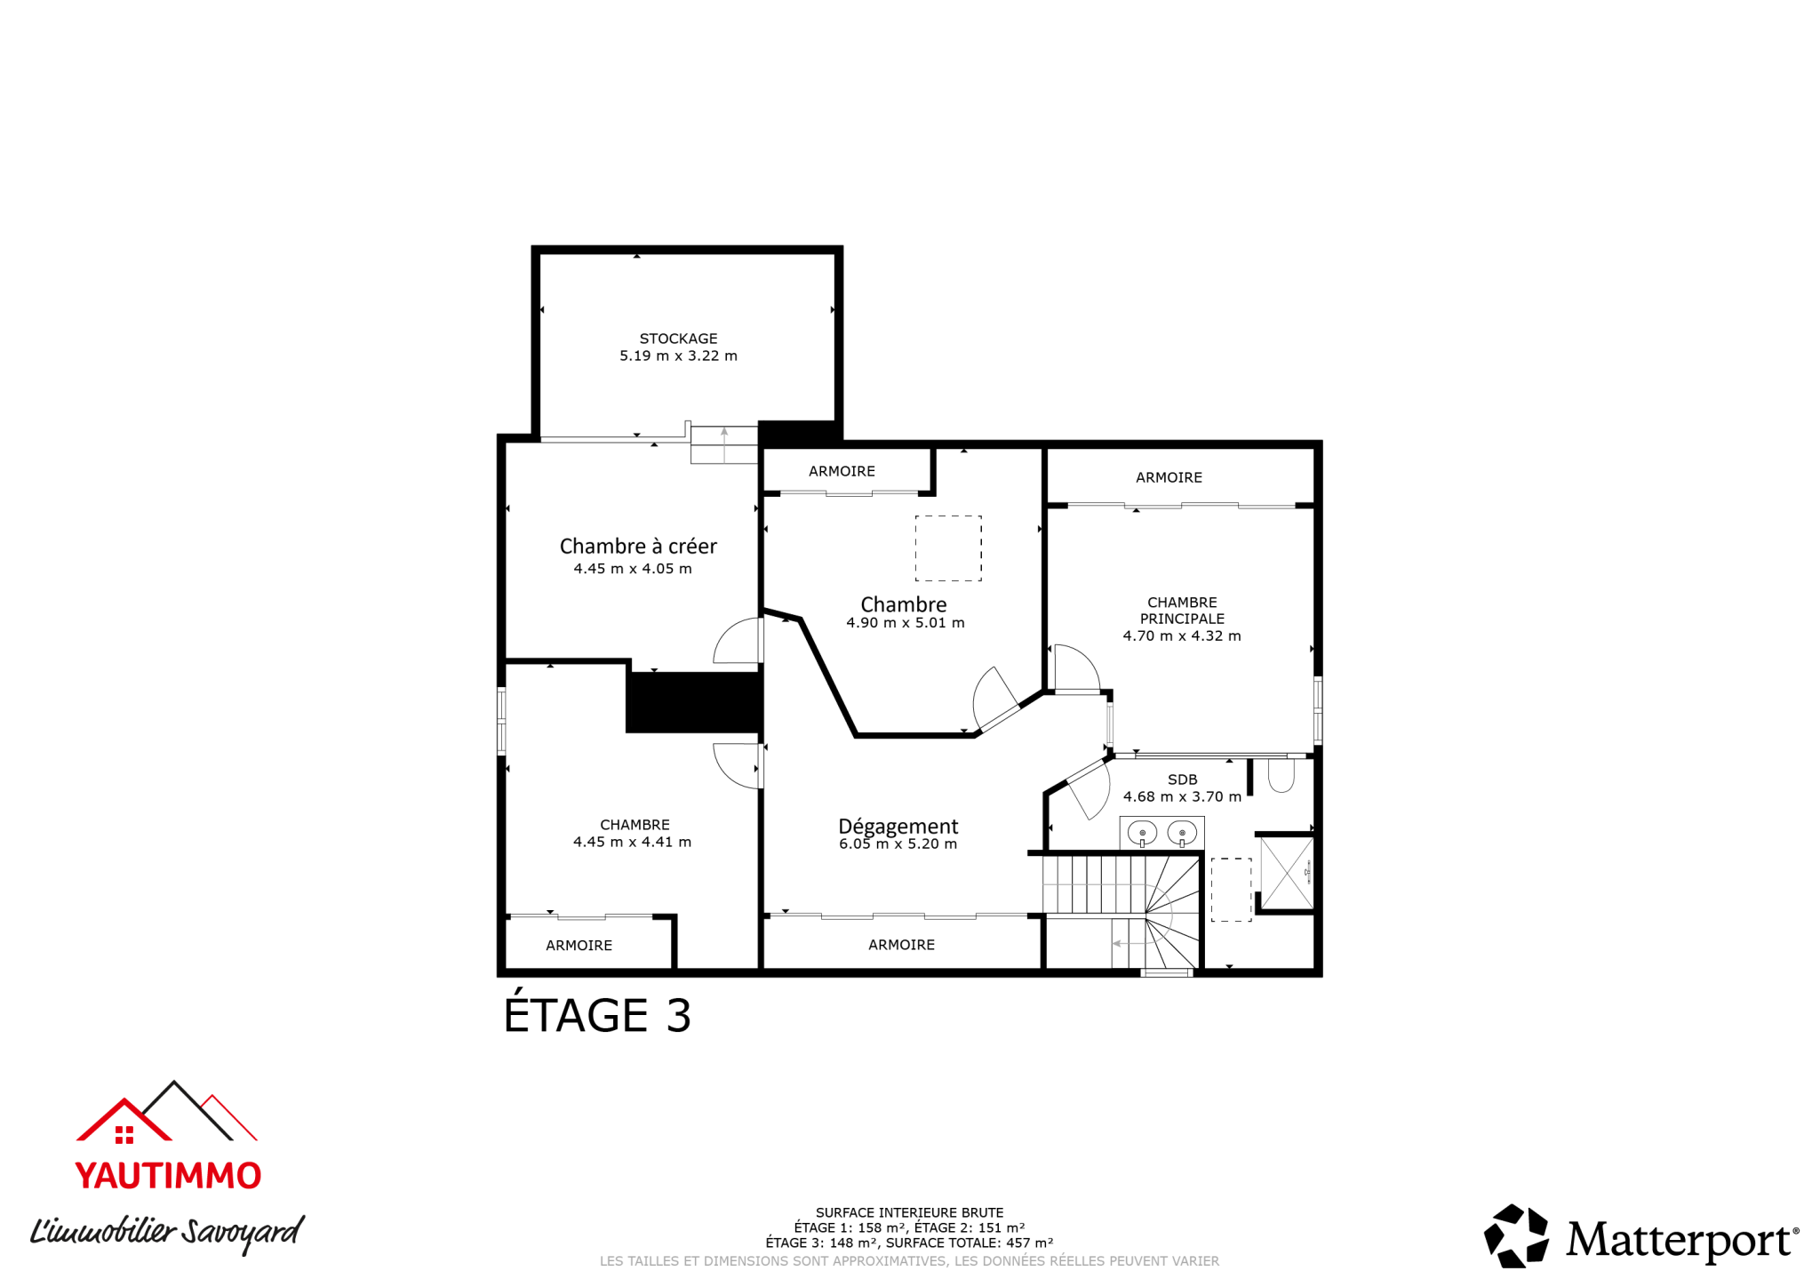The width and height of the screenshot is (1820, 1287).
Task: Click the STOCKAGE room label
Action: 678,339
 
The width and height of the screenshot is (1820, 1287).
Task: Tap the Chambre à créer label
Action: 638,546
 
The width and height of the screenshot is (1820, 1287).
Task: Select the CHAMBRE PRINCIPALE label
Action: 1182,611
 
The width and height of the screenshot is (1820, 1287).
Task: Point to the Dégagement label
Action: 898,826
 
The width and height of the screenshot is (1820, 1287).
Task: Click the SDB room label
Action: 1182,779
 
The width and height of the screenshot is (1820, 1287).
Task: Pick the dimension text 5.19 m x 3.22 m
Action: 678,356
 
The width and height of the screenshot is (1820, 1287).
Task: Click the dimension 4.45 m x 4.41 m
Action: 632,842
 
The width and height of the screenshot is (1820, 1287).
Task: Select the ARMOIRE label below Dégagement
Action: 901,945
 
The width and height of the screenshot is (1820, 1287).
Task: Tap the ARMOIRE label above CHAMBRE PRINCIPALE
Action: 1169,477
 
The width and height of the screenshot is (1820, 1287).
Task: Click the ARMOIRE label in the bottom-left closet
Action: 579,946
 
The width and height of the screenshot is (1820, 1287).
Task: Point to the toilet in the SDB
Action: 1281,774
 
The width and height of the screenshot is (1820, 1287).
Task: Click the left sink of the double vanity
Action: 1142,834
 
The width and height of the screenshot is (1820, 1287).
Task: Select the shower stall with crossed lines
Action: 1286,874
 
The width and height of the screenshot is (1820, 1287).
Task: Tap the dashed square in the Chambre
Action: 948,548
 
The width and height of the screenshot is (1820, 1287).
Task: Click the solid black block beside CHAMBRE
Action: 694,702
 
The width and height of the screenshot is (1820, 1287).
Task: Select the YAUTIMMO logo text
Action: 168,1176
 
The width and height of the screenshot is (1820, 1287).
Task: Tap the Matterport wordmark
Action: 1678,1240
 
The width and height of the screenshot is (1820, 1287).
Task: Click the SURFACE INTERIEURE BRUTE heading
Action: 909,1212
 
